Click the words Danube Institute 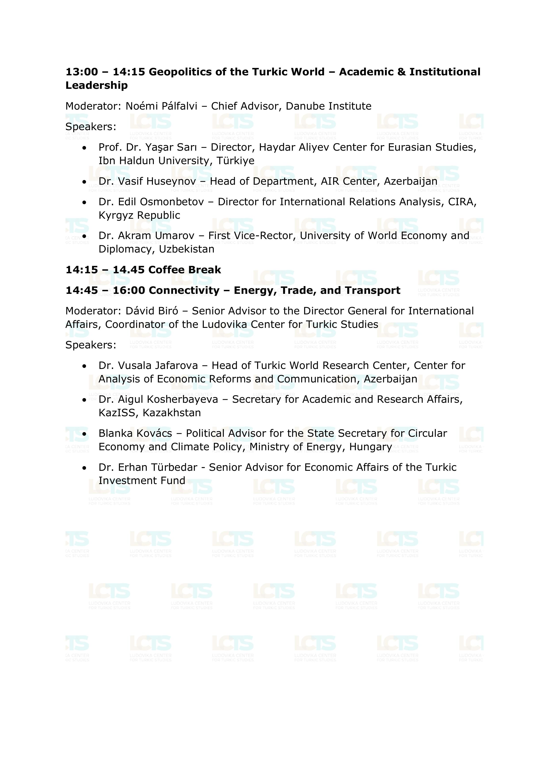coord(328,106)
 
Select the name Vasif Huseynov coord(157,182)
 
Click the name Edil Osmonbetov coord(161,202)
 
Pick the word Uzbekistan coord(187,249)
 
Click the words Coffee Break coord(185,270)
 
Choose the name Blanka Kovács coord(135,433)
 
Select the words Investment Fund coord(142,481)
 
